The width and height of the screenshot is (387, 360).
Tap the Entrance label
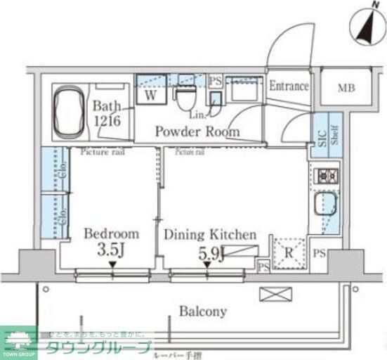tap(289, 86)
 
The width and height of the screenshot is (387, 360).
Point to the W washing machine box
tap(150, 95)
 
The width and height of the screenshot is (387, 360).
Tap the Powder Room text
tap(197, 131)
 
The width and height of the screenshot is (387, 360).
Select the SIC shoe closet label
tap(321, 138)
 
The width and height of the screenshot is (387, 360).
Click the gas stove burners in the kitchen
tap(326, 176)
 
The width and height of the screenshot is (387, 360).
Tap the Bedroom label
tap(112, 234)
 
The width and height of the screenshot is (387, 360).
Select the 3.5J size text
tap(112, 250)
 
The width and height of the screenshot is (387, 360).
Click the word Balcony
tap(202, 310)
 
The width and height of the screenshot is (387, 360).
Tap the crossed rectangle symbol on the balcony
tap(272, 295)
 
